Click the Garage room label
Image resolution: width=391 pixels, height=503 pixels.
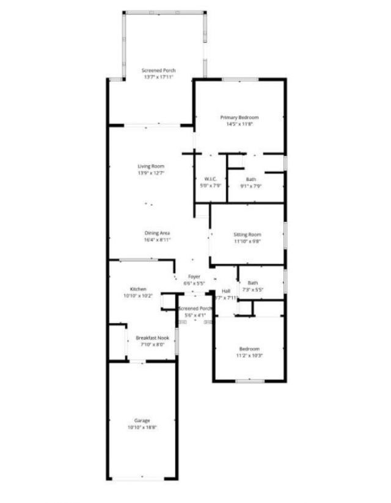[142, 421]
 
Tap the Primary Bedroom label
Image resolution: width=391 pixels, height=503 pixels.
[239, 118]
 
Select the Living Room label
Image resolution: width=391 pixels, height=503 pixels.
[151, 166]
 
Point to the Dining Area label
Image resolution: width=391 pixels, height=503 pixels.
[157, 233]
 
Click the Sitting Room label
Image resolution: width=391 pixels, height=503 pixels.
[247, 235]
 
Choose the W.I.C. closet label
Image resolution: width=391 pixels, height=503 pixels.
[212, 179]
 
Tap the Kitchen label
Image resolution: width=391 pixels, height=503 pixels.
[138, 289]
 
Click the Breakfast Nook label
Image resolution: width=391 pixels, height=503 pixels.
[152, 338]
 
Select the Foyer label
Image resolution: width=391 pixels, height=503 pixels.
[194, 277]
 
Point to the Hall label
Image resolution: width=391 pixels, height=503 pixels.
[226, 291]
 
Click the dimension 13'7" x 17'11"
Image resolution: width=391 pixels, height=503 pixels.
[159, 77]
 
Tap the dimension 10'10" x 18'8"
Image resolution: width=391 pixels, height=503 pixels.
[142, 428]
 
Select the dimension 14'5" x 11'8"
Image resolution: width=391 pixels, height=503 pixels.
[239, 124]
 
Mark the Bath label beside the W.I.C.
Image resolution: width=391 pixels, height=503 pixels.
[251, 179]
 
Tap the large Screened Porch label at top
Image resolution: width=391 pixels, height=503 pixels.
[159, 71]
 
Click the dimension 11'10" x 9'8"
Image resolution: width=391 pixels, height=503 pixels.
[247, 241]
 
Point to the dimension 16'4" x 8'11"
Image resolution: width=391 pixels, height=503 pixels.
[157, 240]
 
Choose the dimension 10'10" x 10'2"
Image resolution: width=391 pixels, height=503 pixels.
[138, 296]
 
